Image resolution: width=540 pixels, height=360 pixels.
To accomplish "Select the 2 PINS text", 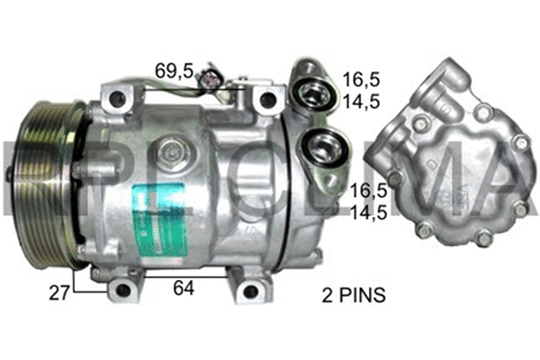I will (354, 294).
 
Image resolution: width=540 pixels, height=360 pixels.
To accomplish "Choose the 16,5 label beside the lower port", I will (369, 191).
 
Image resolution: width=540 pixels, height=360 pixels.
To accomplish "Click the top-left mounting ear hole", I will (112, 96).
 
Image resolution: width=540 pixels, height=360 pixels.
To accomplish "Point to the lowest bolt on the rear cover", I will (483, 240).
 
